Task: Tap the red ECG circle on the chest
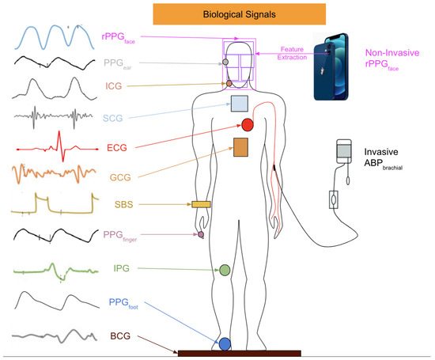(248, 124)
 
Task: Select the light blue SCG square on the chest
(240, 103)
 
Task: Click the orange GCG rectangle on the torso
(241, 147)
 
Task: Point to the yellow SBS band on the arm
(200, 205)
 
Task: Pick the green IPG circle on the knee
(225, 270)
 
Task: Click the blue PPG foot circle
(225, 343)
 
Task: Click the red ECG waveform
(53, 147)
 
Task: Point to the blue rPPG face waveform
(53, 35)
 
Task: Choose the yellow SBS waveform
(53, 205)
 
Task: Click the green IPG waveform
(53, 269)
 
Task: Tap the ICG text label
(113, 85)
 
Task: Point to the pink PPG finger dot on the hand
(201, 235)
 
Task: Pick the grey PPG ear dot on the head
(225, 61)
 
